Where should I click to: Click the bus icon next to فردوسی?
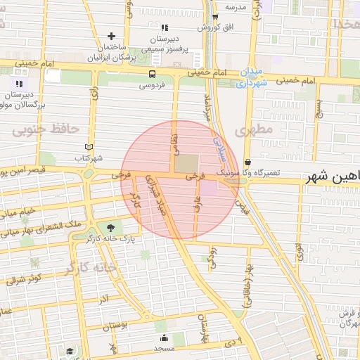tap(153, 74)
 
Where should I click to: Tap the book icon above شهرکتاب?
tap(89, 147)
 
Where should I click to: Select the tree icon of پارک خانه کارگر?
tap(110, 227)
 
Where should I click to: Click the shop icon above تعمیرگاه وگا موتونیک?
tap(247, 161)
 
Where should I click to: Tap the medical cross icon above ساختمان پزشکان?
tap(111, 36)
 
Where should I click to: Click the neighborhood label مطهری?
tap(254, 131)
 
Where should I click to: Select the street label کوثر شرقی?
tap(25, 279)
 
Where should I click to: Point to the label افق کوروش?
tap(214, 27)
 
